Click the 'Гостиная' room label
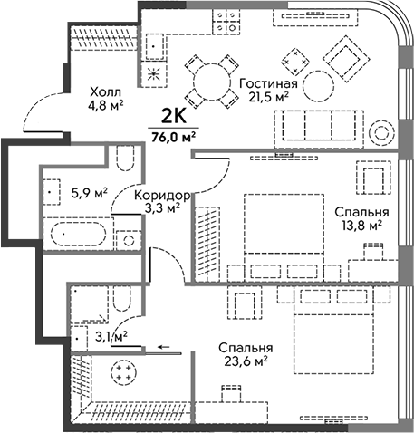click(x=268, y=83)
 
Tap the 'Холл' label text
click(x=106, y=91)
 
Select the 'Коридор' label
click(x=162, y=196)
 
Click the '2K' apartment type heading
click(x=174, y=116)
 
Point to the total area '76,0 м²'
click(x=173, y=137)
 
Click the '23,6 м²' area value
click(x=246, y=361)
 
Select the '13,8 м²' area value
click(x=361, y=226)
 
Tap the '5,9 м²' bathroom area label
click(x=89, y=193)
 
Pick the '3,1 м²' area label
click(x=111, y=336)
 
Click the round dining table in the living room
click(x=212, y=82)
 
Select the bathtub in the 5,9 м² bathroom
click(x=79, y=234)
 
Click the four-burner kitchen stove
click(x=226, y=21)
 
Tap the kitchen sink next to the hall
click(x=155, y=47)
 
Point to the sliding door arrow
click(x=164, y=347)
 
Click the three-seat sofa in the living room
click(x=319, y=130)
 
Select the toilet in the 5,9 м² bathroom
click(x=125, y=159)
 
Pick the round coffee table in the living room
click(x=319, y=86)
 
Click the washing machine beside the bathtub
click(x=129, y=240)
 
